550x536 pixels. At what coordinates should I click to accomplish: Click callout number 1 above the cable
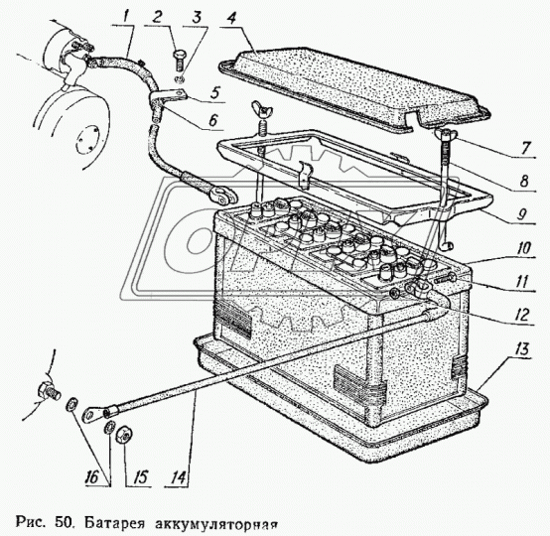(x=126, y=16)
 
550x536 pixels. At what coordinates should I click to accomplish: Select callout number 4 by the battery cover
(x=231, y=16)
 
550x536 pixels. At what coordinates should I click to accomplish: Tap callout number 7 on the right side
(x=525, y=147)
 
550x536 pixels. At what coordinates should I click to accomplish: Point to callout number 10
(x=524, y=248)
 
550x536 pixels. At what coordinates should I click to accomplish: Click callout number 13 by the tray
(x=522, y=348)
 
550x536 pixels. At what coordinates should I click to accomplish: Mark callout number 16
(x=92, y=476)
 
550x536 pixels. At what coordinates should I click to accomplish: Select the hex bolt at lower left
(x=48, y=391)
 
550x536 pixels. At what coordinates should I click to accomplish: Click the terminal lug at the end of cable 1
(x=223, y=197)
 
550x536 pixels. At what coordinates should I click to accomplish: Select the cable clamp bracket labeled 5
(x=168, y=97)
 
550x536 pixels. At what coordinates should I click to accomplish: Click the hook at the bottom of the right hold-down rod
(x=446, y=244)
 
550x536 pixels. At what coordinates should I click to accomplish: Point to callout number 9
(x=522, y=214)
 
